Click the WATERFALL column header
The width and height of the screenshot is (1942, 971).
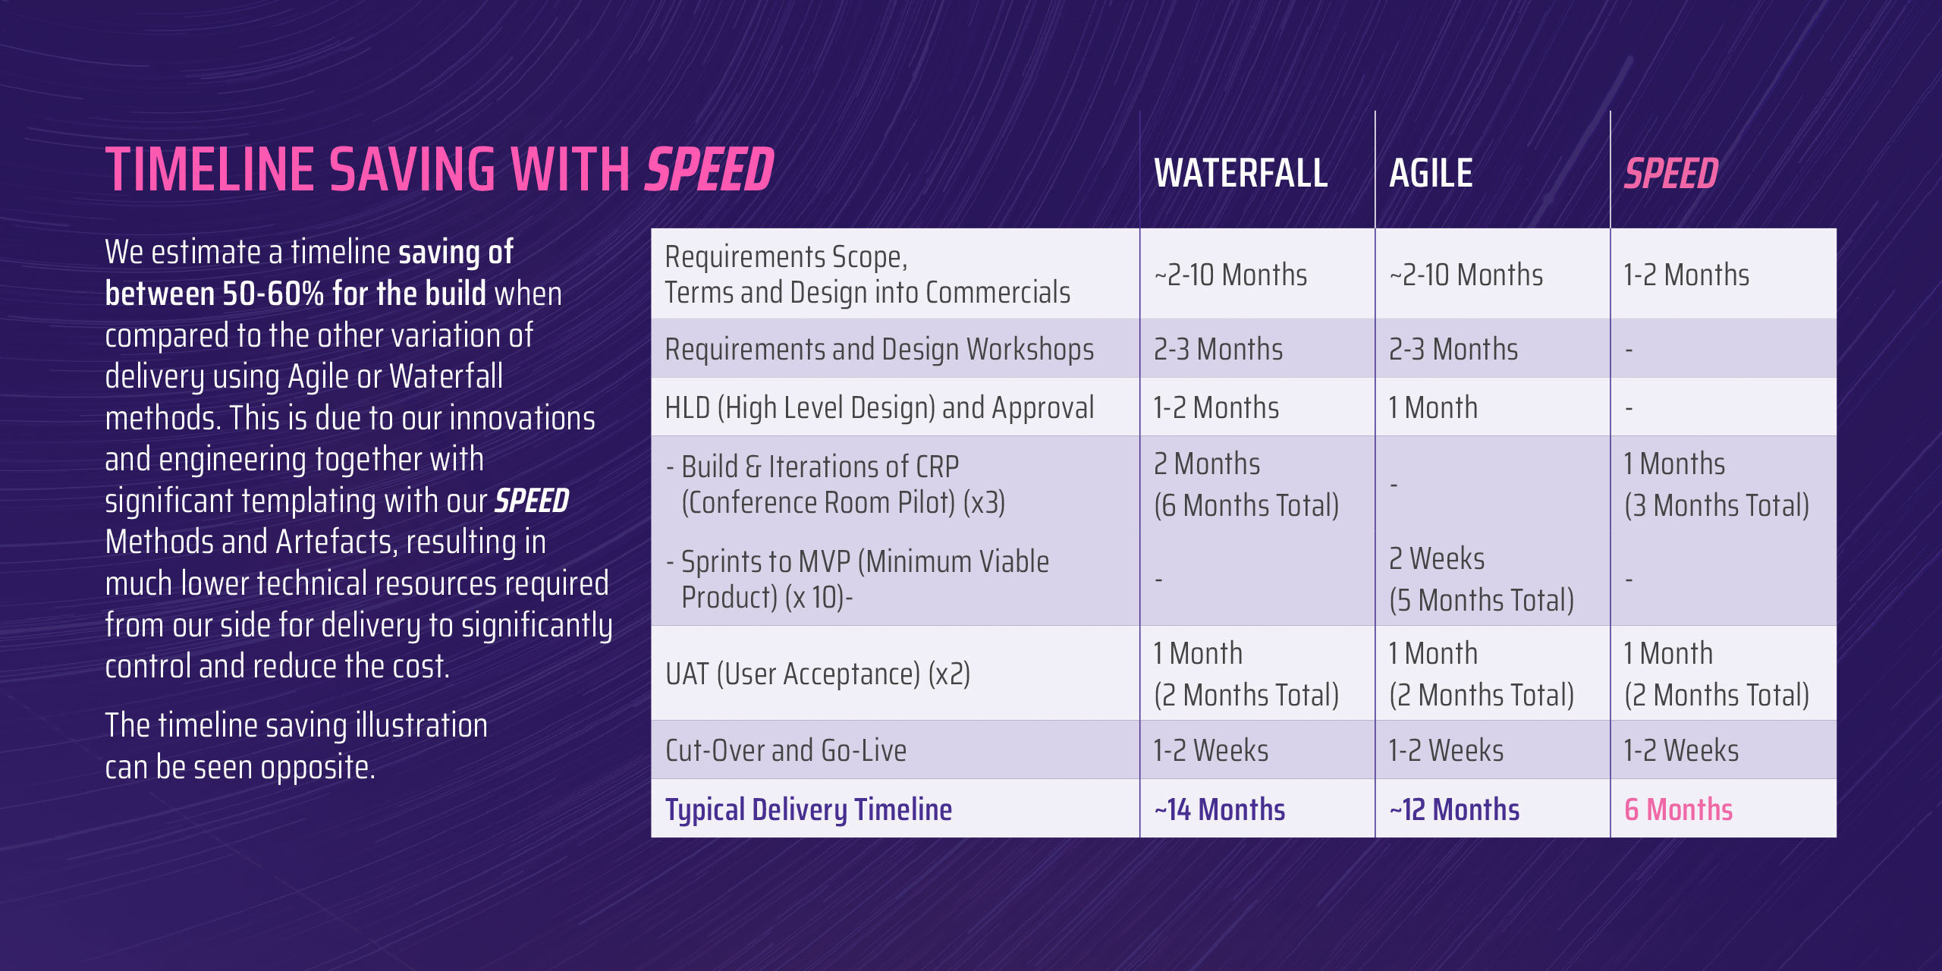click(x=1240, y=173)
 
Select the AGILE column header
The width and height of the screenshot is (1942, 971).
click(x=1431, y=173)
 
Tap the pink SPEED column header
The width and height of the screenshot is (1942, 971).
click(x=1670, y=173)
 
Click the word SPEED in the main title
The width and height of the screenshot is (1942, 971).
click(x=709, y=169)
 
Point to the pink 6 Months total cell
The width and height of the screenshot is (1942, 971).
click(x=1678, y=809)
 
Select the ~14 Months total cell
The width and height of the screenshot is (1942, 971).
click(x=1219, y=809)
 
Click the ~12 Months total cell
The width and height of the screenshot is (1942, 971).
click(x=1454, y=809)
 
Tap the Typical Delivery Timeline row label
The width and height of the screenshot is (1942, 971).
click(x=808, y=809)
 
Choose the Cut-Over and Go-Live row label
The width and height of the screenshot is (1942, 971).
click(x=785, y=750)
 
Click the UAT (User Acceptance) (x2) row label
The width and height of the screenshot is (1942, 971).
click(x=817, y=674)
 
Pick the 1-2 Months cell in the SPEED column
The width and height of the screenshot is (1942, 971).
click(x=1686, y=275)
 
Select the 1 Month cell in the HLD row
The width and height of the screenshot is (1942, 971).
click(x=1432, y=408)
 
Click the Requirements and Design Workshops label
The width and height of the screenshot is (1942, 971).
click(x=878, y=349)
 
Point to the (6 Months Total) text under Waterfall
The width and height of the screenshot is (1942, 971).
click(x=1246, y=505)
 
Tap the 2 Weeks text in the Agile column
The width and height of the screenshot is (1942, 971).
click(x=1436, y=559)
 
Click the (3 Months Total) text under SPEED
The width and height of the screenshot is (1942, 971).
click(x=1716, y=505)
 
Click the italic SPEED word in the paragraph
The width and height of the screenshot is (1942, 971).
click(x=532, y=501)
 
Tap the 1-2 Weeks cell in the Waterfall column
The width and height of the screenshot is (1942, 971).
click(x=1211, y=750)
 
